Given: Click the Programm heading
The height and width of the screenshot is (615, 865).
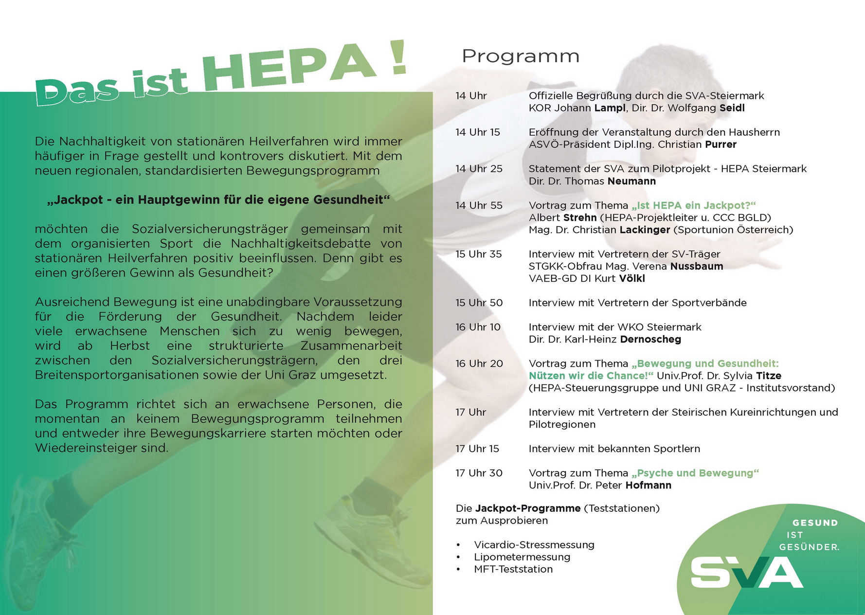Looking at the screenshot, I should point(520,56).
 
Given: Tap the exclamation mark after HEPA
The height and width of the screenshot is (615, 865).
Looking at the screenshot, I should point(398,57).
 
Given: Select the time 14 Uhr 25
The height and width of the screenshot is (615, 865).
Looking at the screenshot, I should point(479,169).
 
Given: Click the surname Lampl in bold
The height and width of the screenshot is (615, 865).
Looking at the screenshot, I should point(610,108).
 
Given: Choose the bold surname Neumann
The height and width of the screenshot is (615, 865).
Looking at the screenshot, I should point(631,181).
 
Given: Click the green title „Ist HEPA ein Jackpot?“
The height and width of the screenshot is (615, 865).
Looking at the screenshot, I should point(693,205).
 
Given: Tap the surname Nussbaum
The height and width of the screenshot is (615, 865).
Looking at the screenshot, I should point(696,266).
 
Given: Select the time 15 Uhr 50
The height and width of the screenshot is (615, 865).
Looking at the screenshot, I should point(479,303).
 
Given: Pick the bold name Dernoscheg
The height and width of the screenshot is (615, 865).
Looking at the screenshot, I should point(650,339).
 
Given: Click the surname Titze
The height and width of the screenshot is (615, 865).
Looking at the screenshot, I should point(769,376).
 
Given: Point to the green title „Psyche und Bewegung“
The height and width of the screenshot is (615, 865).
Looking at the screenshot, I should point(695,473).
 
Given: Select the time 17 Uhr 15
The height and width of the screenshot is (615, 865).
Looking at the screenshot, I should point(477,449).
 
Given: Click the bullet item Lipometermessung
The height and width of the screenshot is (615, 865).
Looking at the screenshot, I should point(522,557).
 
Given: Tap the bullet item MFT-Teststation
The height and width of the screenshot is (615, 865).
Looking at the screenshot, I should point(513,569).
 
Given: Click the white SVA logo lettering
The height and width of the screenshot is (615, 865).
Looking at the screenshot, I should point(746,573).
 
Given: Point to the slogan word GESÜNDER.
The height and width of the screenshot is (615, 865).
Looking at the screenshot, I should point(809,547).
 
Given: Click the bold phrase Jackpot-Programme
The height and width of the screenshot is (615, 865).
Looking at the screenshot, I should point(527,508).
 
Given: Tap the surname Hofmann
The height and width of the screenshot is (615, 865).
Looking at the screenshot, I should point(648,485).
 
